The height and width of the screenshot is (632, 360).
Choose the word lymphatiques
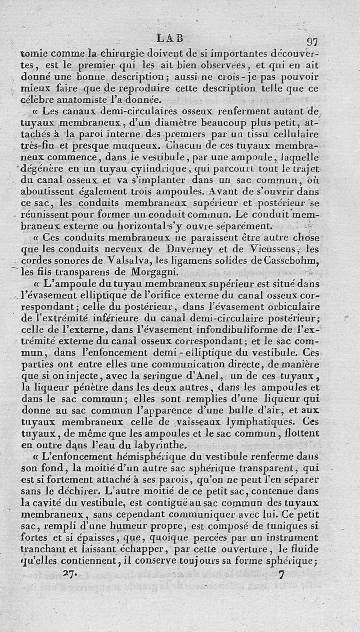pos(257,423)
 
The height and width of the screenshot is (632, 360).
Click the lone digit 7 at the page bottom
pos(282,575)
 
